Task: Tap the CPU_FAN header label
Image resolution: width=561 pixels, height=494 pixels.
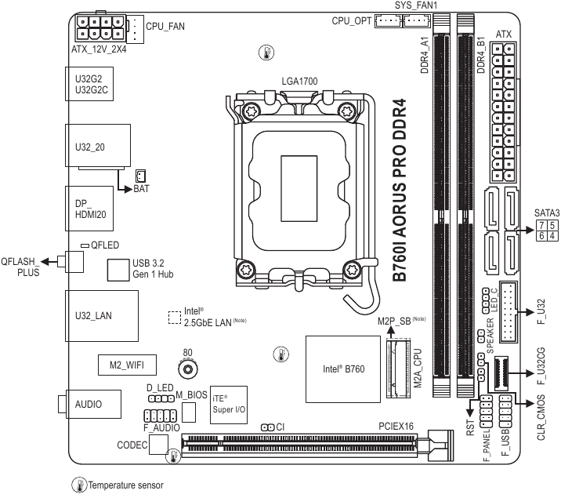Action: [165, 27]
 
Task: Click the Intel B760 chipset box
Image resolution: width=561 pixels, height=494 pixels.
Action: [338, 368]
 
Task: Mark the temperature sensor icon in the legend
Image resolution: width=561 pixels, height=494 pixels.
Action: [79, 485]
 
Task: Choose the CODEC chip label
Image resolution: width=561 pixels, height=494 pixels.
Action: [132, 445]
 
